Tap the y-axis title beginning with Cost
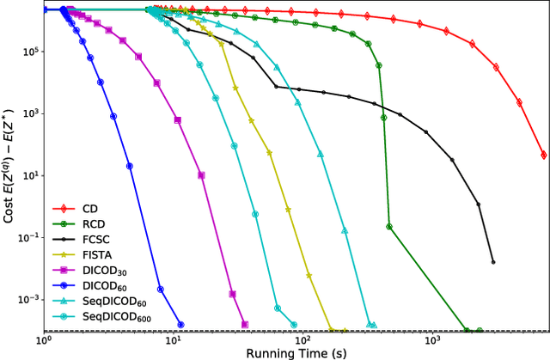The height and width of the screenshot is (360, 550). (9, 168)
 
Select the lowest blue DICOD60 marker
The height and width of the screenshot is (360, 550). (180, 324)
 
